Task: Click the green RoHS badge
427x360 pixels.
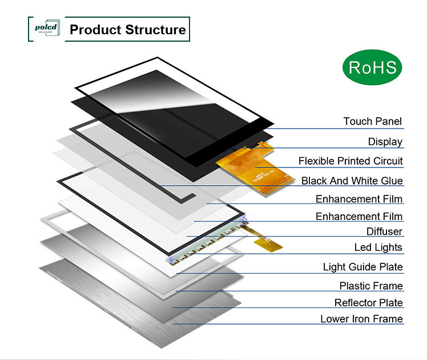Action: (x=372, y=67)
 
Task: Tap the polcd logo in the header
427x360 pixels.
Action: (x=44, y=29)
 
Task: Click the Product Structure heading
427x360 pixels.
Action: (x=127, y=30)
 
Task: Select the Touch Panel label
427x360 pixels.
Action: (x=372, y=121)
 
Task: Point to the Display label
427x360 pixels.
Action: (x=385, y=142)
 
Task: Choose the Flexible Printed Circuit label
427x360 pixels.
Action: (x=351, y=161)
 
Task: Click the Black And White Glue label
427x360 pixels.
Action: (x=352, y=181)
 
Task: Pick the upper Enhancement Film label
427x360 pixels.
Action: (x=359, y=199)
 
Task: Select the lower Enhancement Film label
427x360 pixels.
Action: (x=359, y=217)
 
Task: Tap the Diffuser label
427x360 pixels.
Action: (x=384, y=231)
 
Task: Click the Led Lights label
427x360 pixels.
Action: (x=378, y=247)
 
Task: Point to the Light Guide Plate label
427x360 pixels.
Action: (x=362, y=267)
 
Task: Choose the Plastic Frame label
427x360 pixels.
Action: (x=371, y=286)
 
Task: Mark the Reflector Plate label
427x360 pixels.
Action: (x=368, y=302)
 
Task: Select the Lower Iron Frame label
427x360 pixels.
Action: (x=361, y=319)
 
